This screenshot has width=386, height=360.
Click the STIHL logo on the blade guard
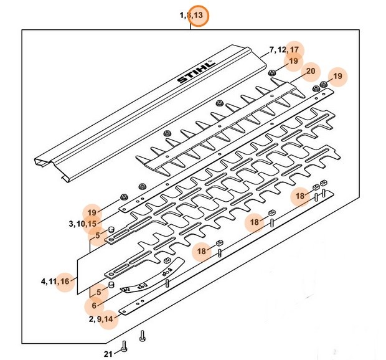(195, 72)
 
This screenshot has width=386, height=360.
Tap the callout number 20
(311, 72)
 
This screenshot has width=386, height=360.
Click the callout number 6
(94, 306)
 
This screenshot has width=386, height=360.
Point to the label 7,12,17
(285, 49)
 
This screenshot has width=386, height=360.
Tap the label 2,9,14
(100, 320)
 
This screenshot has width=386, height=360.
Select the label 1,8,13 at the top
(191, 15)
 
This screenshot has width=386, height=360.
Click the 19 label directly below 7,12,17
(293, 60)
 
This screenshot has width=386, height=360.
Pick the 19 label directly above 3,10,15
(93, 212)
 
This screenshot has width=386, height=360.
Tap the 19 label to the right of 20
(338, 77)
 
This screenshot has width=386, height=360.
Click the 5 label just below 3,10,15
(96, 235)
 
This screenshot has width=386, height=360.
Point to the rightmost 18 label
(301, 196)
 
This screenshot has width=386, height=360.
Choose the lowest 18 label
(202, 251)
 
